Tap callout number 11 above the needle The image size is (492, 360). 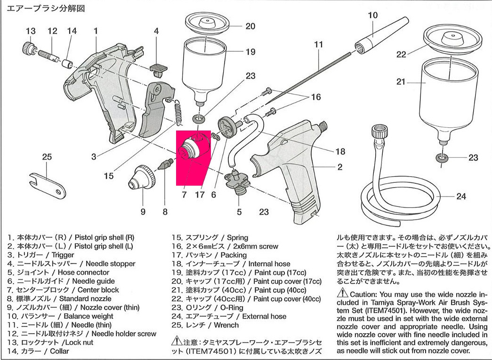click(x=319, y=45)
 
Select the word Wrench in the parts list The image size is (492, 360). click(x=226, y=325)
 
